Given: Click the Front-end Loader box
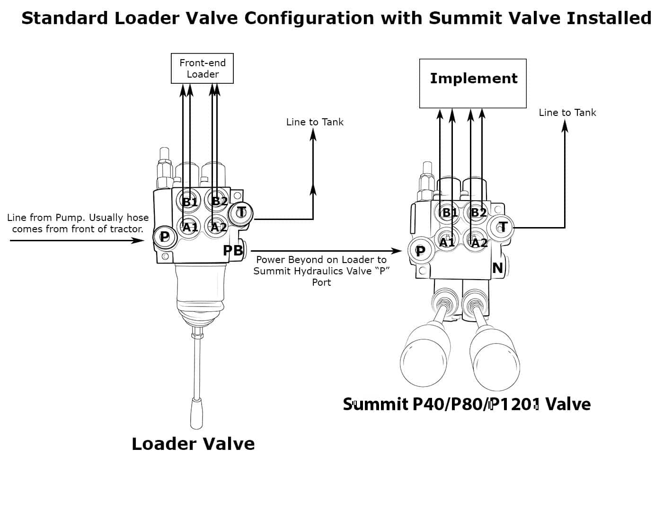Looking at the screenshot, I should (x=202, y=69).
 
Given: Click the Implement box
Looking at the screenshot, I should (x=473, y=83).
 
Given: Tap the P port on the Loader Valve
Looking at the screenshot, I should (x=164, y=236).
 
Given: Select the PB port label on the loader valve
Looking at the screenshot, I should (x=233, y=250).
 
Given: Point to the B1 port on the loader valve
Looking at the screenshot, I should (x=190, y=202).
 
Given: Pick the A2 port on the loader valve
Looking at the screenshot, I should (x=218, y=227).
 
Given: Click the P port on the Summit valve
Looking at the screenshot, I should (x=420, y=251).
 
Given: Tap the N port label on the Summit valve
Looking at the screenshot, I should (x=497, y=268).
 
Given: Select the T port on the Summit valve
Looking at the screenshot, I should (x=503, y=227).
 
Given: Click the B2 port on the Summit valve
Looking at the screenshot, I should (x=478, y=212).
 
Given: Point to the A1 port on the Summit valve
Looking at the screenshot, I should (x=447, y=242).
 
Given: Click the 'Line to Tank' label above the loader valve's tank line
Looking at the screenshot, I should (x=315, y=122).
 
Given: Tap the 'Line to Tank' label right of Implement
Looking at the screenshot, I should (x=567, y=113).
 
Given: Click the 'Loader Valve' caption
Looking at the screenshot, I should (x=193, y=444).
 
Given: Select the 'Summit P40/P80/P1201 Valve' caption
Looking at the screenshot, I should (x=467, y=404).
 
